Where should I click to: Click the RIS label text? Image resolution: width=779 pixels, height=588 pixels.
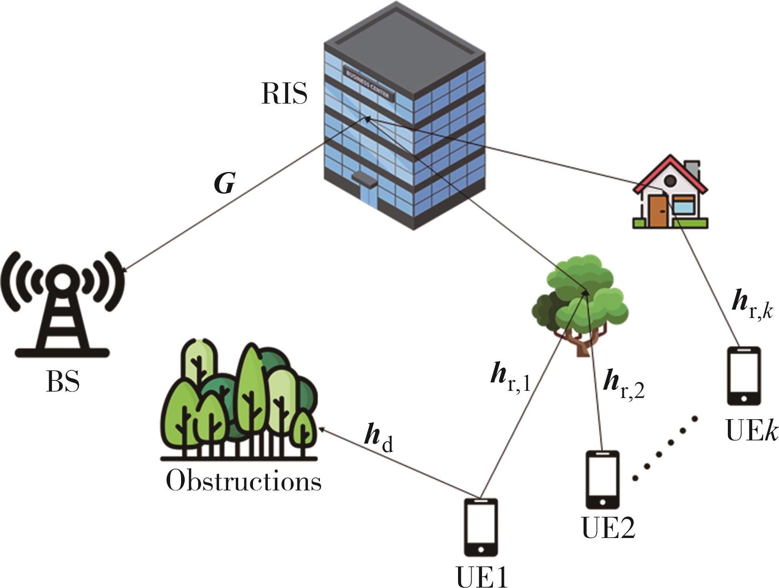click(284, 94)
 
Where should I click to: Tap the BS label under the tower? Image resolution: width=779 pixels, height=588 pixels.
click(63, 382)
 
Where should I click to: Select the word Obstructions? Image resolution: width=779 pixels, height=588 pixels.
click(243, 480)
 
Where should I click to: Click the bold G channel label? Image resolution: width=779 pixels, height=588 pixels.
click(224, 184)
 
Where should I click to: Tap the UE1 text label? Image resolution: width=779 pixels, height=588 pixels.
click(482, 576)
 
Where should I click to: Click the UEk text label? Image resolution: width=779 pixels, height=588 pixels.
click(751, 432)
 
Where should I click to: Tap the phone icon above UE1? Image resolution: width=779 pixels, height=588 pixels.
click(481, 527)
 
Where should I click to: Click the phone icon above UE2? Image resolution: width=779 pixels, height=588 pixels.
click(602, 479)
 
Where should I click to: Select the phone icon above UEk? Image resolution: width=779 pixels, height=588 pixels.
click(743, 376)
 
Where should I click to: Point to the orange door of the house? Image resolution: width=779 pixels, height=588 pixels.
click(655, 211)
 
